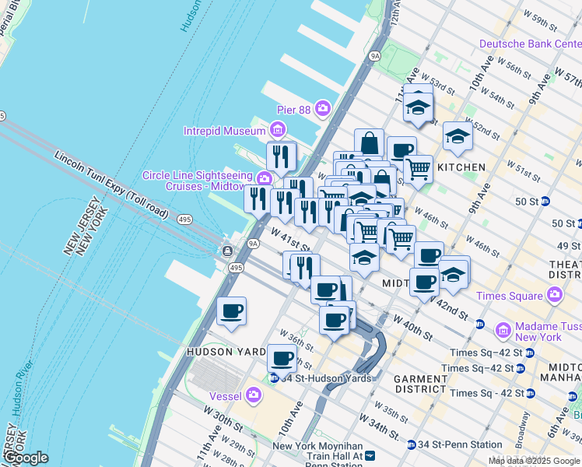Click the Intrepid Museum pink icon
(x=277, y=129)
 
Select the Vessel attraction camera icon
(x=253, y=395)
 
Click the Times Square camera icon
(x=554, y=295)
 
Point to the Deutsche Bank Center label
(x=529, y=44)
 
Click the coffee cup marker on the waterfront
(x=231, y=312)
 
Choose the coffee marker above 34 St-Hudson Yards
(x=282, y=359)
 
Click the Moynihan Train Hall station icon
(x=370, y=455)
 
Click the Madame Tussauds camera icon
(x=503, y=331)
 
